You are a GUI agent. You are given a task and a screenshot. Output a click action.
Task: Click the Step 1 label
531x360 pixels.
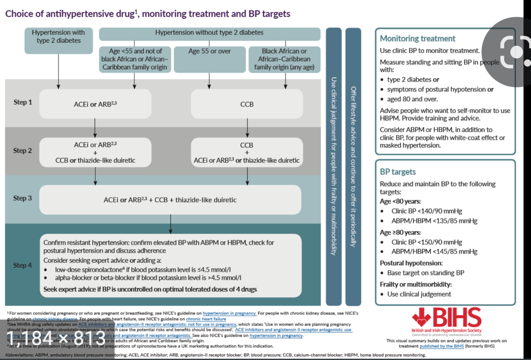point(23,102)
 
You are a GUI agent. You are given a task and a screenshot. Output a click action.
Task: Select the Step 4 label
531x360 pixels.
point(22,265)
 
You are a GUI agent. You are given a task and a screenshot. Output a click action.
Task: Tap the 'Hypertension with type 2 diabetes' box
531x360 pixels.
point(59,40)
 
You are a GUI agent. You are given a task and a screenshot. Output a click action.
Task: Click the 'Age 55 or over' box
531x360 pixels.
point(209,59)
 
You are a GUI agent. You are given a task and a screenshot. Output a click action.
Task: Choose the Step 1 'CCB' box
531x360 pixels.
point(247,104)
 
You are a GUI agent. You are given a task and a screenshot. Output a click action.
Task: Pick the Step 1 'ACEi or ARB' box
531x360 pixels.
point(95,104)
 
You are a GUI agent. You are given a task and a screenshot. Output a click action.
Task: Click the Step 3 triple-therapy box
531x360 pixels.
point(170,200)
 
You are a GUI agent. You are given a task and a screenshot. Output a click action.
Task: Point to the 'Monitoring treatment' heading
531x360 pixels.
point(417,39)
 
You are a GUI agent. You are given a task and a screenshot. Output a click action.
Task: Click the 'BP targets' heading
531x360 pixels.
point(398,172)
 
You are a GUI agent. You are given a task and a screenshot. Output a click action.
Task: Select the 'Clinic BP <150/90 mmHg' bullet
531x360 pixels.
point(426,242)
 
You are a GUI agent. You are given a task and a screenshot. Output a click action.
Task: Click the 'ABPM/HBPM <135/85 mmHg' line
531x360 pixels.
point(434,221)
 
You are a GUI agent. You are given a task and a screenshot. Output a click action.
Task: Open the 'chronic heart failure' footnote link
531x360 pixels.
point(206,319)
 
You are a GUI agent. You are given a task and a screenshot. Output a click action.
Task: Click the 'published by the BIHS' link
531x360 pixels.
point(441,346)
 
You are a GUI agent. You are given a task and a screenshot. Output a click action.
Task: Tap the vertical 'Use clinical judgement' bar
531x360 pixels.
point(334,166)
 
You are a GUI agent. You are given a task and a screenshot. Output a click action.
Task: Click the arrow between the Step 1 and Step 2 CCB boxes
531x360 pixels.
point(247,128)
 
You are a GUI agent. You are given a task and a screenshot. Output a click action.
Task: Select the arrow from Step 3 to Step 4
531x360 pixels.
point(170,224)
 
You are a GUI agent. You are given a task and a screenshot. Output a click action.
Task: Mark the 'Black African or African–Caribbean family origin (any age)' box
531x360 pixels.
point(284,59)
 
